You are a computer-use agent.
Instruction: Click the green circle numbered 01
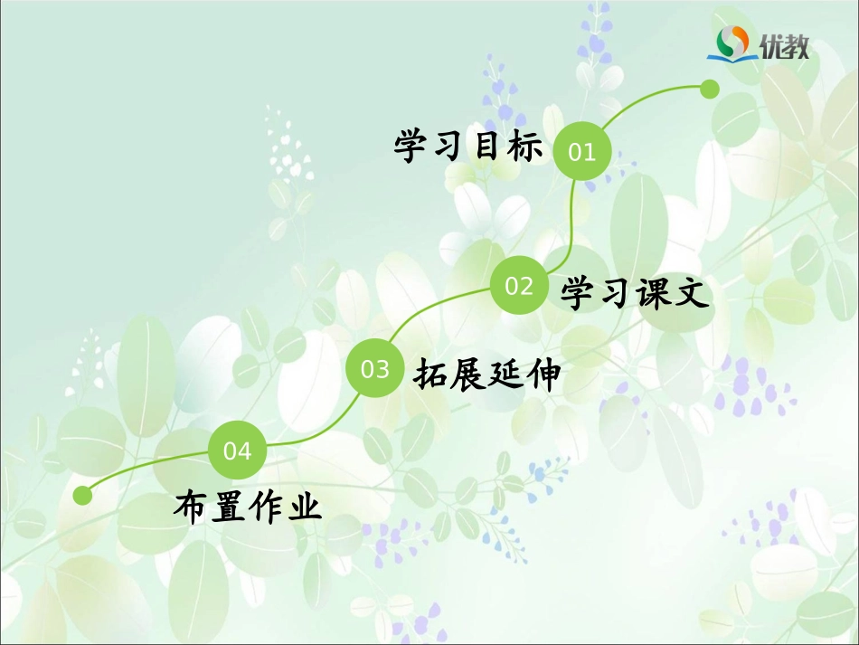[x=582, y=152]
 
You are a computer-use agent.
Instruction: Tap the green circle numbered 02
[x=519, y=286]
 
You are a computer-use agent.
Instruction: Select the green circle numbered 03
[x=374, y=369]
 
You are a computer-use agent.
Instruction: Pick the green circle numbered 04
[x=237, y=451]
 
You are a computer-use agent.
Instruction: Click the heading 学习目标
[x=467, y=146]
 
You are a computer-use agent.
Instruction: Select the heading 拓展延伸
[x=487, y=373]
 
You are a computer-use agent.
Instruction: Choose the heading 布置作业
[x=248, y=506]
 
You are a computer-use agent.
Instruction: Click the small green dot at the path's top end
[x=710, y=89]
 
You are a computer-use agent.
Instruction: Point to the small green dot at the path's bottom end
[x=83, y=495]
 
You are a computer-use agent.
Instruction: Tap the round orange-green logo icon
[x=733, y=42]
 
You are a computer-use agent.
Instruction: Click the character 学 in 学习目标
[x=411, y=146]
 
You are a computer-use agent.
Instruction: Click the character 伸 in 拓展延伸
[x=544, y=373]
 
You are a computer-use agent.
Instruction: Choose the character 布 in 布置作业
[x=191, y=506]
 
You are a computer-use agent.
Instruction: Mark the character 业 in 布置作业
[x=306, y=506]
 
